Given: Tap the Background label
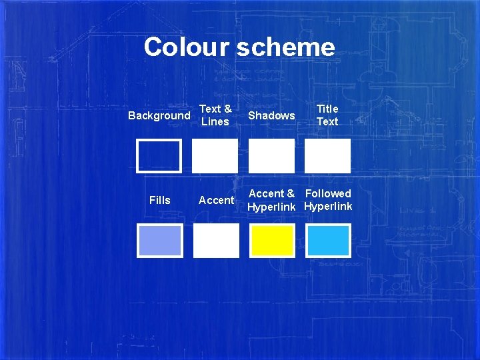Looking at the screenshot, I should pyautogui.click(x=159, y=116).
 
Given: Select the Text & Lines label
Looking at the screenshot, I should pyautogui.click(x=215, y=115).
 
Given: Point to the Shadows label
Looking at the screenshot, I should pyautogui.click(x=271, y=116).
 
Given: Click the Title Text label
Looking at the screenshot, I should pyautogui.click(x=327, y=115).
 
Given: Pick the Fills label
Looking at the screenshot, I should pyautogui.click(x=160, y=200).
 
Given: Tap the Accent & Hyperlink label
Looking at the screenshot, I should pyautogui.click(x=271, y=200).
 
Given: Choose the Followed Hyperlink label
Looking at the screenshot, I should pyautogui.click(x=328, y=200).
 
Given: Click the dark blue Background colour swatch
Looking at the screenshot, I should pyautogui.click(x=159, y=156).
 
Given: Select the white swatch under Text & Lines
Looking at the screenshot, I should pyautogui.click(x=215, y=156).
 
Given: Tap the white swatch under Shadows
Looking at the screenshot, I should pyautogui.click(x=271, y=156).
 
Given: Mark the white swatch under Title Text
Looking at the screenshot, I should pyautogui.click(x=327, y=156).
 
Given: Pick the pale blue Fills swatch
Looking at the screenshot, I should pyautogui.click(x=159, y=241).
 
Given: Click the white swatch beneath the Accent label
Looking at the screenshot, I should pyautogui.click(x=215, y=241).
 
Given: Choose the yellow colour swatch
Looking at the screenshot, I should pyautogui.click(x=271, y=241).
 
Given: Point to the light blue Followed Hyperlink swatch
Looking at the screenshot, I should pyautogui.click(x=328, y=241).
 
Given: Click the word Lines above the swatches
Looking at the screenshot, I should pyautogui.click(x=215, y=122).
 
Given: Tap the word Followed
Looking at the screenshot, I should pyautogui.click(x=328, y=194).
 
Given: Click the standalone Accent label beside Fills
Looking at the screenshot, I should pyautogui.click(x=216, y=200).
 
